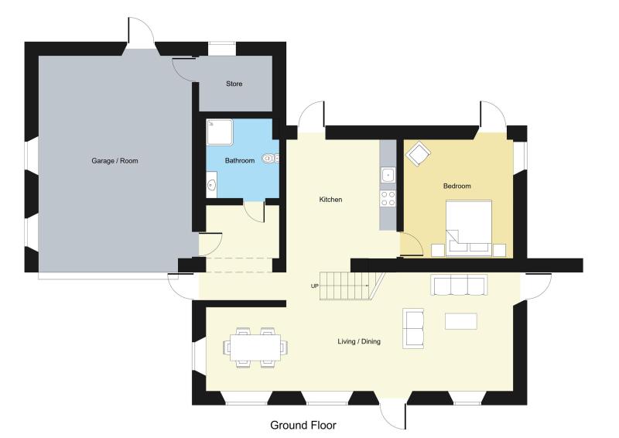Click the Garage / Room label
pos(115,161)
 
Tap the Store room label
pos(234,84)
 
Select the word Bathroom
pos(240,160)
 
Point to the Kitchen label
pos(330,200)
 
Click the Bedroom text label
pos(457,186)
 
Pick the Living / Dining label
pos(359,341)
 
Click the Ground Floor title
pos(303,426)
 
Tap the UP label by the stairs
pos(315,286)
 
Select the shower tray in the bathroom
pos(220,132)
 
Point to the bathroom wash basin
pos(211,184)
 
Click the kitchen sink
pos(388,175)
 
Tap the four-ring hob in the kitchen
pos(388,198)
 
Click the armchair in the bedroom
pos(418,154)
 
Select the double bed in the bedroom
pos(469,228)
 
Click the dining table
pos(255,347)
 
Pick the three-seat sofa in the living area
pos(459,285)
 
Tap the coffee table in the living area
pos(460,321)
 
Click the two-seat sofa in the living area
pos(413,329)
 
